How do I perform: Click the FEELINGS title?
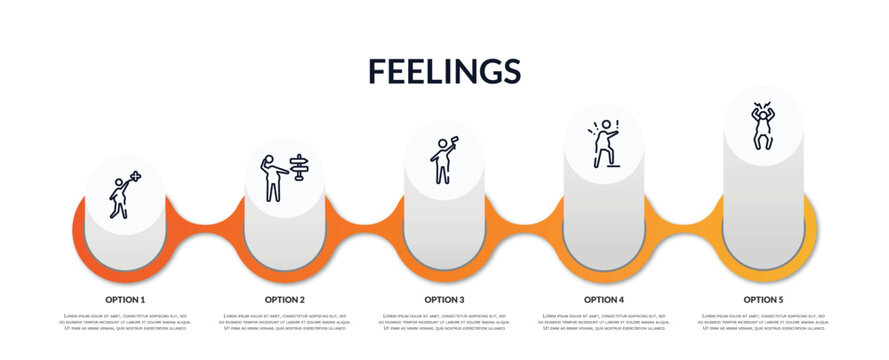[444, 71]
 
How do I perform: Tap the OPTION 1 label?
[125, 299]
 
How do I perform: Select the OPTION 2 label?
[285, 299]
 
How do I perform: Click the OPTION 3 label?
[444, 299]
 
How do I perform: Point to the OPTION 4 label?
[604, 299]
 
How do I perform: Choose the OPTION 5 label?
[763, 299]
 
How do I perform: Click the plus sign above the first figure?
[135, 176]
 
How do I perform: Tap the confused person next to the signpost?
[271, 178]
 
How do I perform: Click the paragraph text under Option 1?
[125, 322]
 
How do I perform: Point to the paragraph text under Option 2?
[285, 322]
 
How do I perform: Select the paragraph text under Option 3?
[444, 322]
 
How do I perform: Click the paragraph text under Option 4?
[604, 322]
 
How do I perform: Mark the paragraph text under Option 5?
[763, 322]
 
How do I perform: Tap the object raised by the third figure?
[454, 139]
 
